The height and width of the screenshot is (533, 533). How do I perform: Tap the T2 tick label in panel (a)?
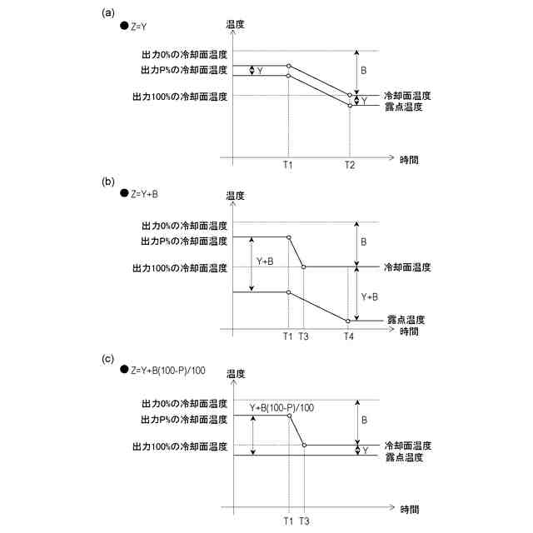pyautogui.click(x=350, y=166)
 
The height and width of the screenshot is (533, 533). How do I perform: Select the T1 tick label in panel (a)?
pyautogui.click(x=287, y=166)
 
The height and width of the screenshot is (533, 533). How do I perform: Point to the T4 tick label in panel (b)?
pyautogui.click(x=349, y=336)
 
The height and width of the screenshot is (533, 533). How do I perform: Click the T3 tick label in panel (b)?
pyautogui.click(x=303, y=336)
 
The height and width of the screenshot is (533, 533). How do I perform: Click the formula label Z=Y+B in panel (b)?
pyautogui.click(x=144, y=193)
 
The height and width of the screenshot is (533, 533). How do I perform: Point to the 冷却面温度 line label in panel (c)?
pyautogui.click(x=407, y=446)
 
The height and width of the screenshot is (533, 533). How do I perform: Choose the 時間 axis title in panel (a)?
pyautogui.click(x=409, y=157)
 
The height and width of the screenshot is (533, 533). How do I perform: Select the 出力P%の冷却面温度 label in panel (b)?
pyautogui.click(x=184, y=241)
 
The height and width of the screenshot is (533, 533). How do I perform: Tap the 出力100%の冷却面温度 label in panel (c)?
pyautogui.click(x=180, y=447)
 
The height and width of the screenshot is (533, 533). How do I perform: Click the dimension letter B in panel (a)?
pyautogui.click(x=363, y=71)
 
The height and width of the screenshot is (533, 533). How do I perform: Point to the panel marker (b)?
pyautogui.click(x=108, y=180)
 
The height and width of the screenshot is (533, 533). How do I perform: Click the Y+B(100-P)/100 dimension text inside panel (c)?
pyautogui.click(x=282, y=407)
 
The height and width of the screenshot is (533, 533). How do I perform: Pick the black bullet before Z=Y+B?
pyautogui.click(x=124, y=193)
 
